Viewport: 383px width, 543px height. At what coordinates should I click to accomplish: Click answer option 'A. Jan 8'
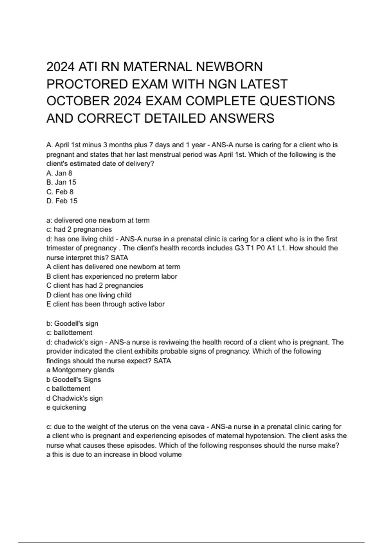click(59, 173)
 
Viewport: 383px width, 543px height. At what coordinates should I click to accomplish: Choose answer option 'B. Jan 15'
click(61, 182)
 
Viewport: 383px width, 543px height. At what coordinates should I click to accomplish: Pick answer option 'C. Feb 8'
click(60, 192)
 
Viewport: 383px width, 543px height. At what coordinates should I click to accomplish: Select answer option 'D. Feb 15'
click(62, 201)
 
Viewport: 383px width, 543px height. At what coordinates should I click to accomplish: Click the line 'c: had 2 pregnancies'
click(79, 229)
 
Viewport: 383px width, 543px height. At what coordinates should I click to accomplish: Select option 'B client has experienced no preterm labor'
click(112, 276)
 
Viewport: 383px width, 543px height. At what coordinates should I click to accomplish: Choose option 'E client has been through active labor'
click(105, 304)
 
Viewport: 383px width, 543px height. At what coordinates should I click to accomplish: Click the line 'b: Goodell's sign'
click(72, 324)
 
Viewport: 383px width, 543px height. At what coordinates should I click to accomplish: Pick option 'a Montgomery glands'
click(80, 370)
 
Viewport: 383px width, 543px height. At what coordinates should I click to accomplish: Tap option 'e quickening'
click(66, 407)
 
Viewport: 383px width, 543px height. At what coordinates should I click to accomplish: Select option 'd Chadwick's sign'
click(75, 398)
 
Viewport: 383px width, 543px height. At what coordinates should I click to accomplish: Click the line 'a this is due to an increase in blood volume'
click(114, 454)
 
